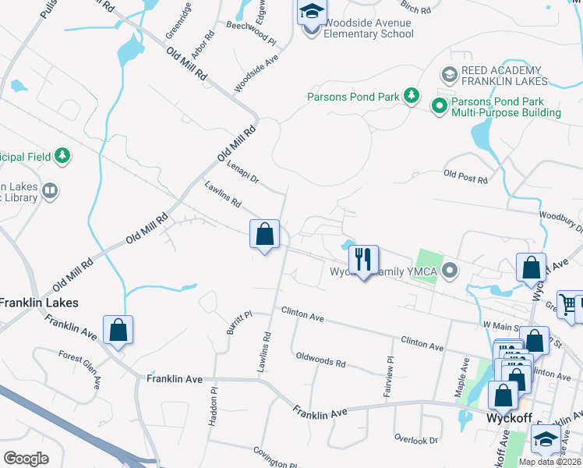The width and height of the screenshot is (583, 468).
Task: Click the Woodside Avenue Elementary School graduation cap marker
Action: [311, 13]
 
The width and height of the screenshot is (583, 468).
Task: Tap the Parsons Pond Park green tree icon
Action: [412, 97]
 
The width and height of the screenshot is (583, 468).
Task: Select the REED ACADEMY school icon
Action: [449, 75]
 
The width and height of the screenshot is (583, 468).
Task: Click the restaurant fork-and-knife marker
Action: [362, 260]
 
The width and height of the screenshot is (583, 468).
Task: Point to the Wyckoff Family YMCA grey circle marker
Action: [450, 271]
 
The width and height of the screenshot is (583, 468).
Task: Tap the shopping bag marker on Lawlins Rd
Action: [265, 235]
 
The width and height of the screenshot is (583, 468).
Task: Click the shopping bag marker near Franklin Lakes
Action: [118, 330]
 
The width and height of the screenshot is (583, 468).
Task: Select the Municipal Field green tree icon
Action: [62, 156]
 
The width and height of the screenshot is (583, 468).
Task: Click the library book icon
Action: [50, 190]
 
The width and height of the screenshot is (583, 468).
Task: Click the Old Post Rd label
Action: [465, 177]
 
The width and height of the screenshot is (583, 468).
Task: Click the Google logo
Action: [26, 458]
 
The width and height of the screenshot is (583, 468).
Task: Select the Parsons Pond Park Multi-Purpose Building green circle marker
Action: [440, 105]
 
